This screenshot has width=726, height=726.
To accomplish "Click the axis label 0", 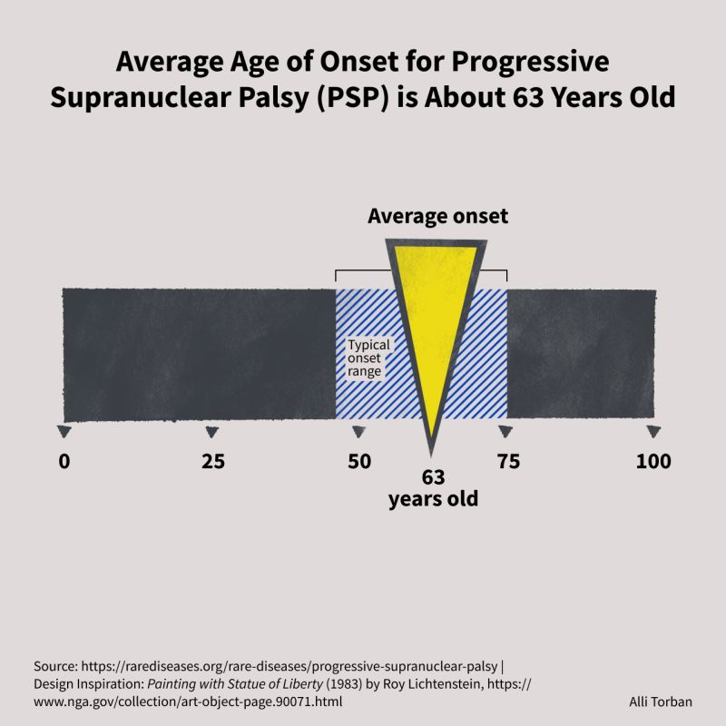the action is coord(64,461).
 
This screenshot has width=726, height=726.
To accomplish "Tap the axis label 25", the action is coord(213,461).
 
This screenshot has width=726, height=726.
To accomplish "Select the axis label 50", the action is coord(359,461).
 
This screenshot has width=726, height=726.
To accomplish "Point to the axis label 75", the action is coord(508,461).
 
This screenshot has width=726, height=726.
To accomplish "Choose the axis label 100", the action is coord(653,461).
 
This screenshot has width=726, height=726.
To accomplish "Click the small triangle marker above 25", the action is coord(212,432).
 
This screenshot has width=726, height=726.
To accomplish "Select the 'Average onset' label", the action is coord(437,216).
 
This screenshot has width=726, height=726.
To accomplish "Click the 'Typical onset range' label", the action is coord(368,358).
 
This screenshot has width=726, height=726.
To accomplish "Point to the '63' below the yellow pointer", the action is coord(434,477).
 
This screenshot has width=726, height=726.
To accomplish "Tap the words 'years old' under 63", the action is coord(434,499).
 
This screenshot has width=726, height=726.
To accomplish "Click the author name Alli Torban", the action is coord(661,701).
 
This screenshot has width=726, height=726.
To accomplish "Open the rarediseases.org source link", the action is coord(289,666).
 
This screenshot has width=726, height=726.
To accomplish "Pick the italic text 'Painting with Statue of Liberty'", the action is coord(235,684).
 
